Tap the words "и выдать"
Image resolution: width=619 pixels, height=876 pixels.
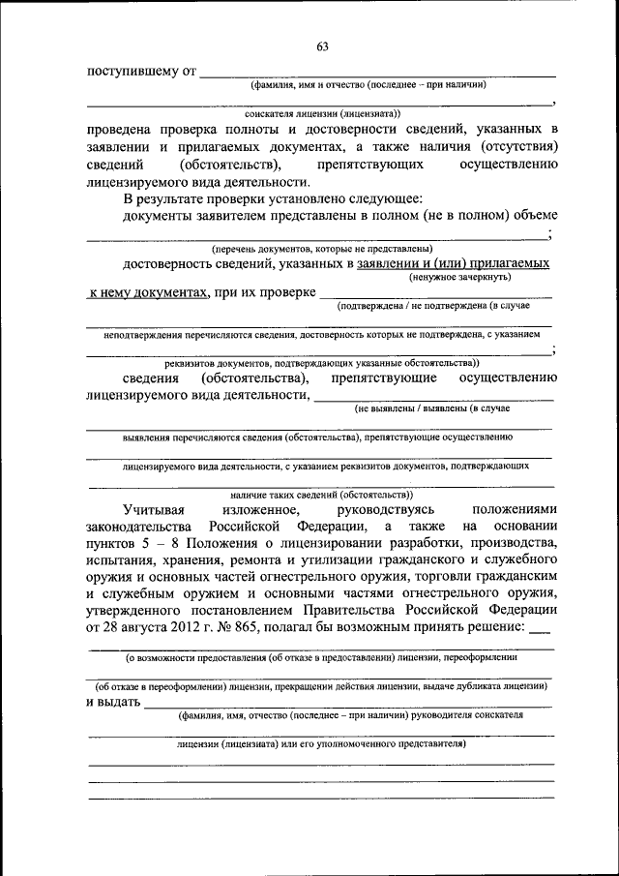112,702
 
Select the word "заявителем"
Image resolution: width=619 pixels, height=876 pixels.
227,215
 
